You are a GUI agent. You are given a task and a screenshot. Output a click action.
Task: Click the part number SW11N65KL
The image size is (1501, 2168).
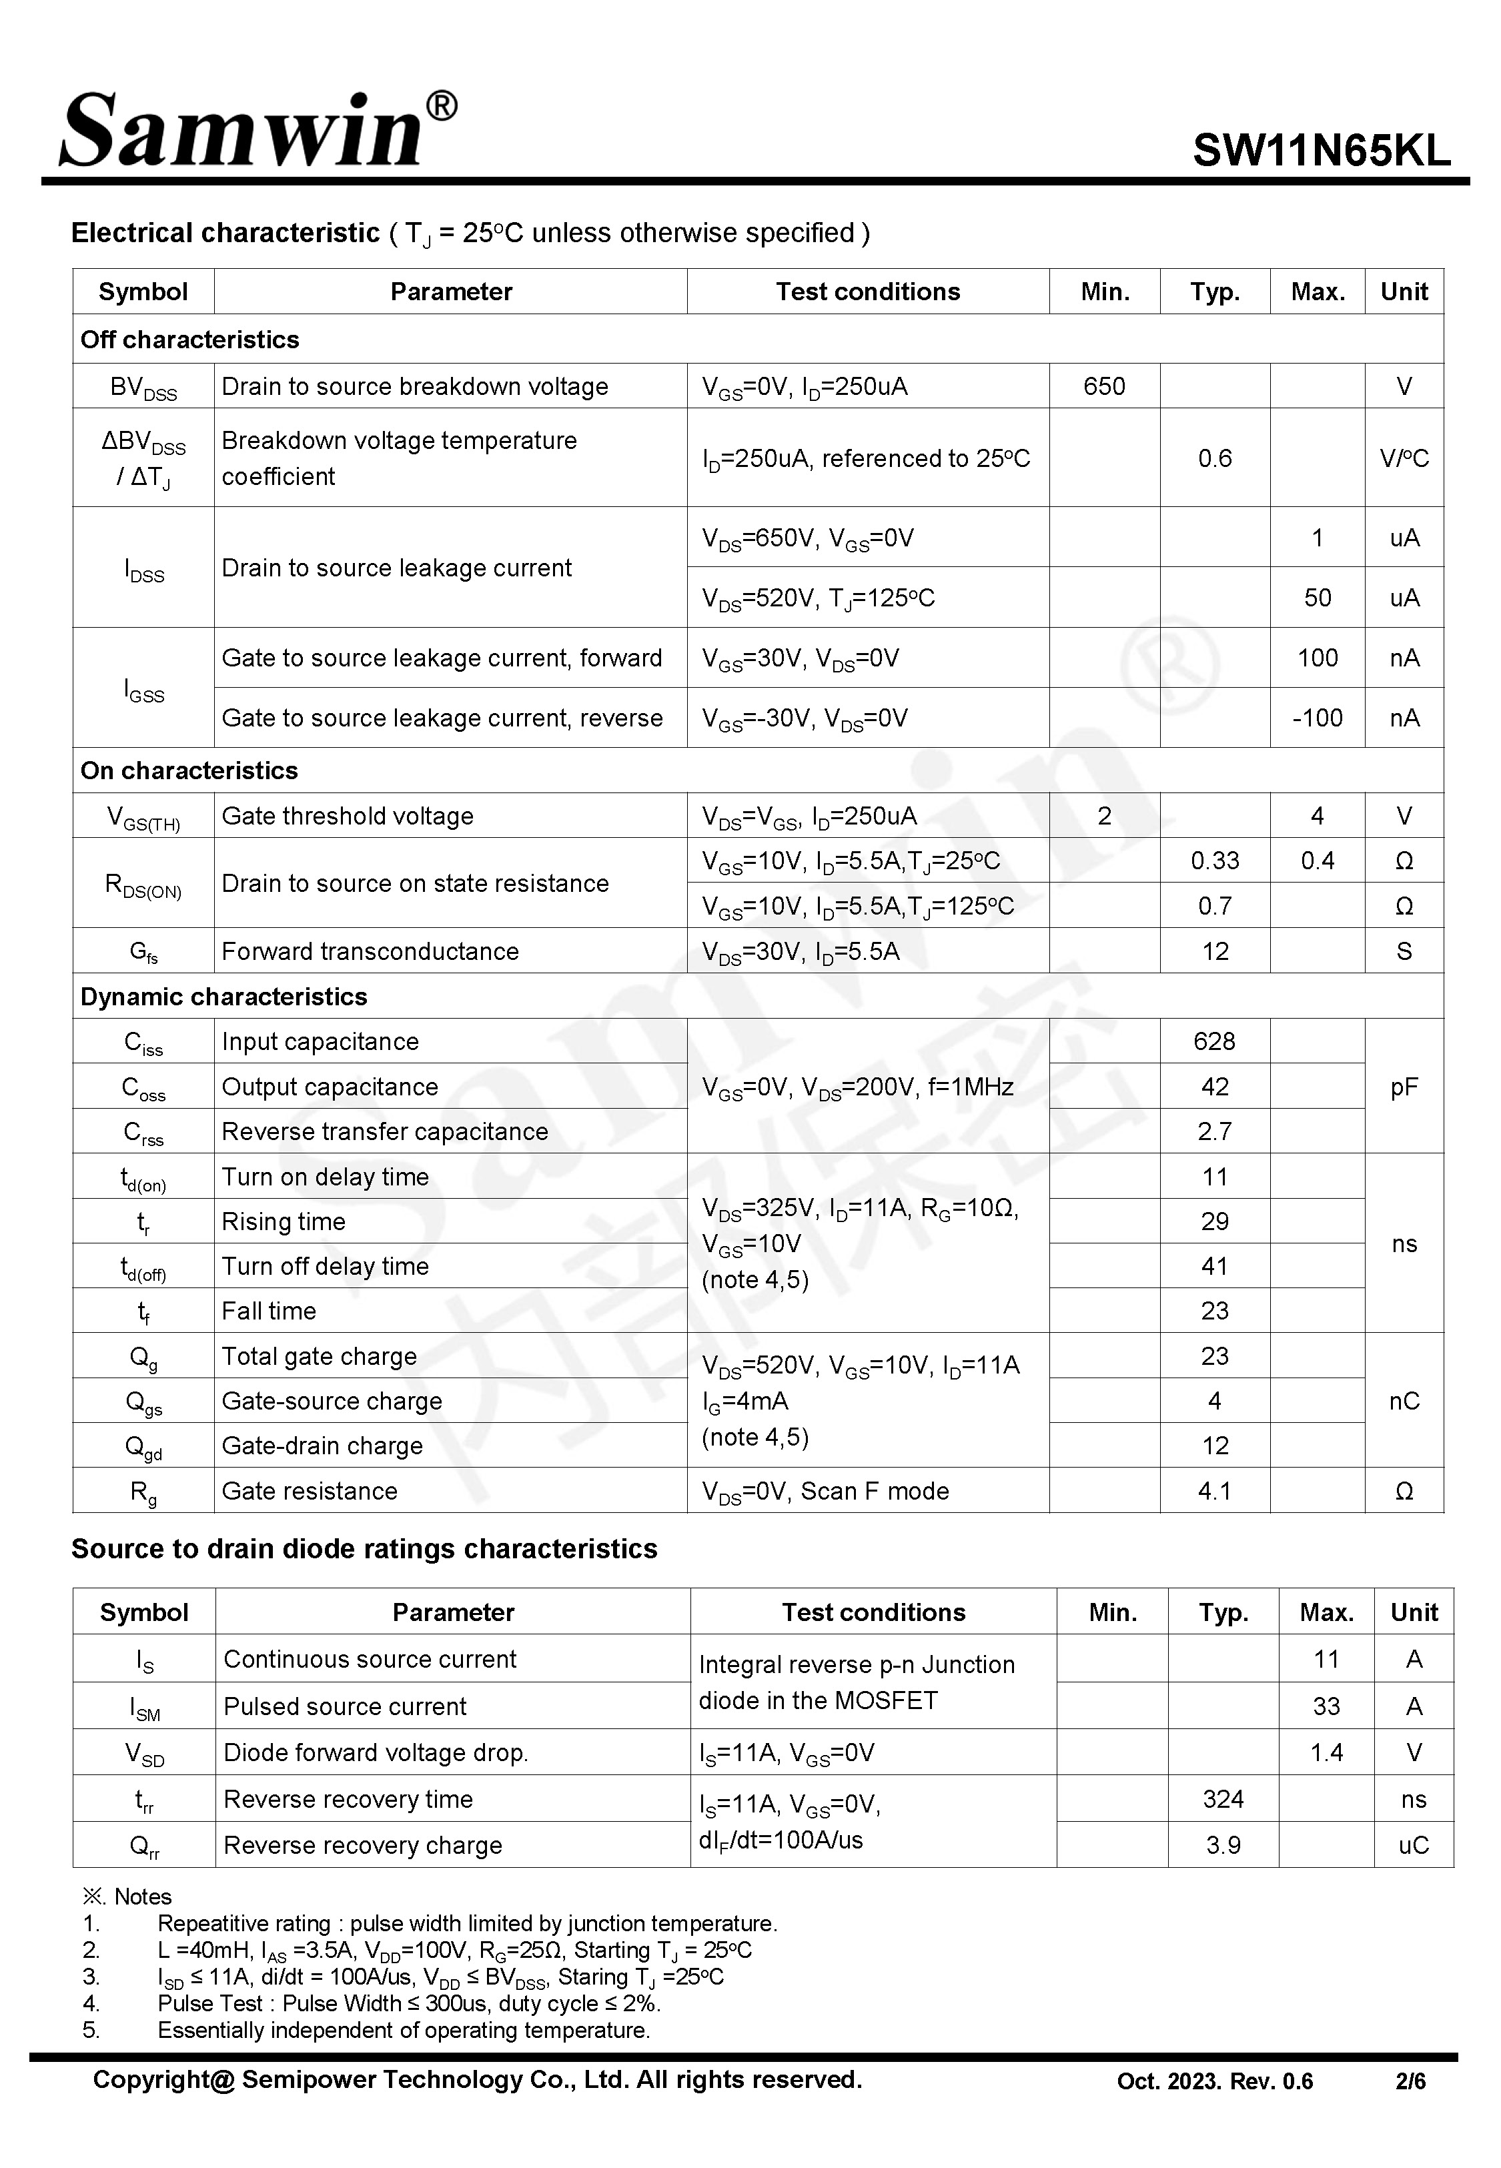1322,150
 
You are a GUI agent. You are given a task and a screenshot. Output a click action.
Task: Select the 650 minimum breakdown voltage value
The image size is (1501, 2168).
1104,386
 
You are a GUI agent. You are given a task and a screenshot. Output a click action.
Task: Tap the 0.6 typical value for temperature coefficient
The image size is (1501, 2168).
1214,459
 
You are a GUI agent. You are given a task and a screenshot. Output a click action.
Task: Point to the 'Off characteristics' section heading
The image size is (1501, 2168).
190,340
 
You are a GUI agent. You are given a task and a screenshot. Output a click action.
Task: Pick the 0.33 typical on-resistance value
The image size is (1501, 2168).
1214,861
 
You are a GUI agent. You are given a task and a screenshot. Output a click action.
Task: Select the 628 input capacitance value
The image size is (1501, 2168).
1214,1042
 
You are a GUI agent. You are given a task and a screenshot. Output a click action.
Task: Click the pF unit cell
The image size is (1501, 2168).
1403,1087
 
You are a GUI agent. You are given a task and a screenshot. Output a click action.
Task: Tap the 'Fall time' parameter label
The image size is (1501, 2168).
269,1311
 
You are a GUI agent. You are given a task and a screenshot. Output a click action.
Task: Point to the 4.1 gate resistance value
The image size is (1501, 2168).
1214,1491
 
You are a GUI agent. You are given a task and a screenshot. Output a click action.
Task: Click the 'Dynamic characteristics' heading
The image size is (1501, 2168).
224,997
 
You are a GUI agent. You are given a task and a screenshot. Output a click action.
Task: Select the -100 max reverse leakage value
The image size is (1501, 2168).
1317,718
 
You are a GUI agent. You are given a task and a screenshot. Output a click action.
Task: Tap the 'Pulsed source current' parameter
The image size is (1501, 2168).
345,1706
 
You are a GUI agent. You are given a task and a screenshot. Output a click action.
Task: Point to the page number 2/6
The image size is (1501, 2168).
1410,2081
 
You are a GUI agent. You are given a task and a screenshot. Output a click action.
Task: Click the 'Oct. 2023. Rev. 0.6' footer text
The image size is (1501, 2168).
1214,2081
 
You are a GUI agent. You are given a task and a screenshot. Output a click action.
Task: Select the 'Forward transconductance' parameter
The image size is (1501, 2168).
370,951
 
